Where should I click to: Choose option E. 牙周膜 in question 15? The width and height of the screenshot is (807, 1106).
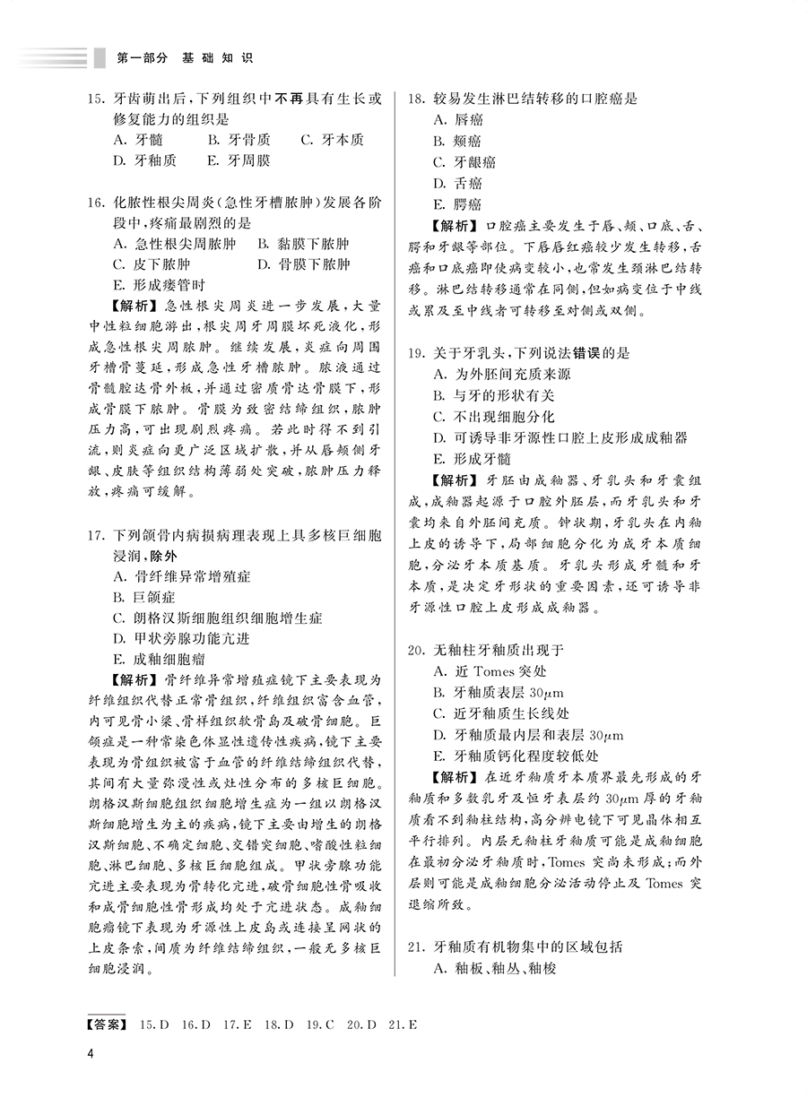tap(238, 160)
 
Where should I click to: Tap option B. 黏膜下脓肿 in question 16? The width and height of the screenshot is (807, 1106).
tap(303, 244)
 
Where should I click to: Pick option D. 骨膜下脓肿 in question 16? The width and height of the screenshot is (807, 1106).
tap(303, 264)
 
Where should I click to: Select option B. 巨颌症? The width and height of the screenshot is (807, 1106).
tap(144, 597)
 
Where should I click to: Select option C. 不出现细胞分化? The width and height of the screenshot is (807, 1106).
tap(493, 417)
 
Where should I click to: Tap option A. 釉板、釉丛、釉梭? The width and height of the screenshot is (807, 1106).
tap(494, 968)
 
